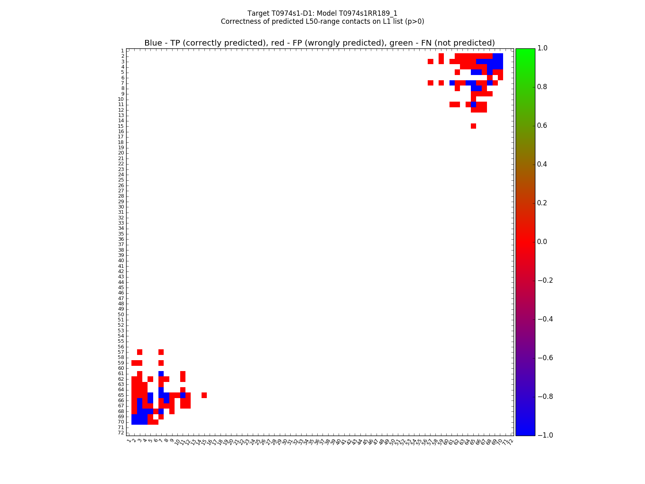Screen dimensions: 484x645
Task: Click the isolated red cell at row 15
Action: click(473, 126)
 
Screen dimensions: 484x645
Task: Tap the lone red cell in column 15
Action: click(204, 395)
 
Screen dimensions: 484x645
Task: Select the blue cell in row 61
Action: click(161, 373)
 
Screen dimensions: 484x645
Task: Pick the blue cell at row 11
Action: click(473, 104)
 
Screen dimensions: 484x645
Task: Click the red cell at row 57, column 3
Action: click(140, 352)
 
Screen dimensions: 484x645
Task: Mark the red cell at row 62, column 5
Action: click(150, 379)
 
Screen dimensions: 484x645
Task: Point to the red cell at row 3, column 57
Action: click(431, 62)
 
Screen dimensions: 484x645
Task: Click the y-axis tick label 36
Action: click(121, 239)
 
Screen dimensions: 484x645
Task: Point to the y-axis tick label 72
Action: click(121, 433)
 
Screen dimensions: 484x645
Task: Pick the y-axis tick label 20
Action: click(121, 153)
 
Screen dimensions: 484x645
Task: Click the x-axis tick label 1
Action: click(129, 441)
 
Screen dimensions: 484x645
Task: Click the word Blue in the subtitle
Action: click(153, 43)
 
